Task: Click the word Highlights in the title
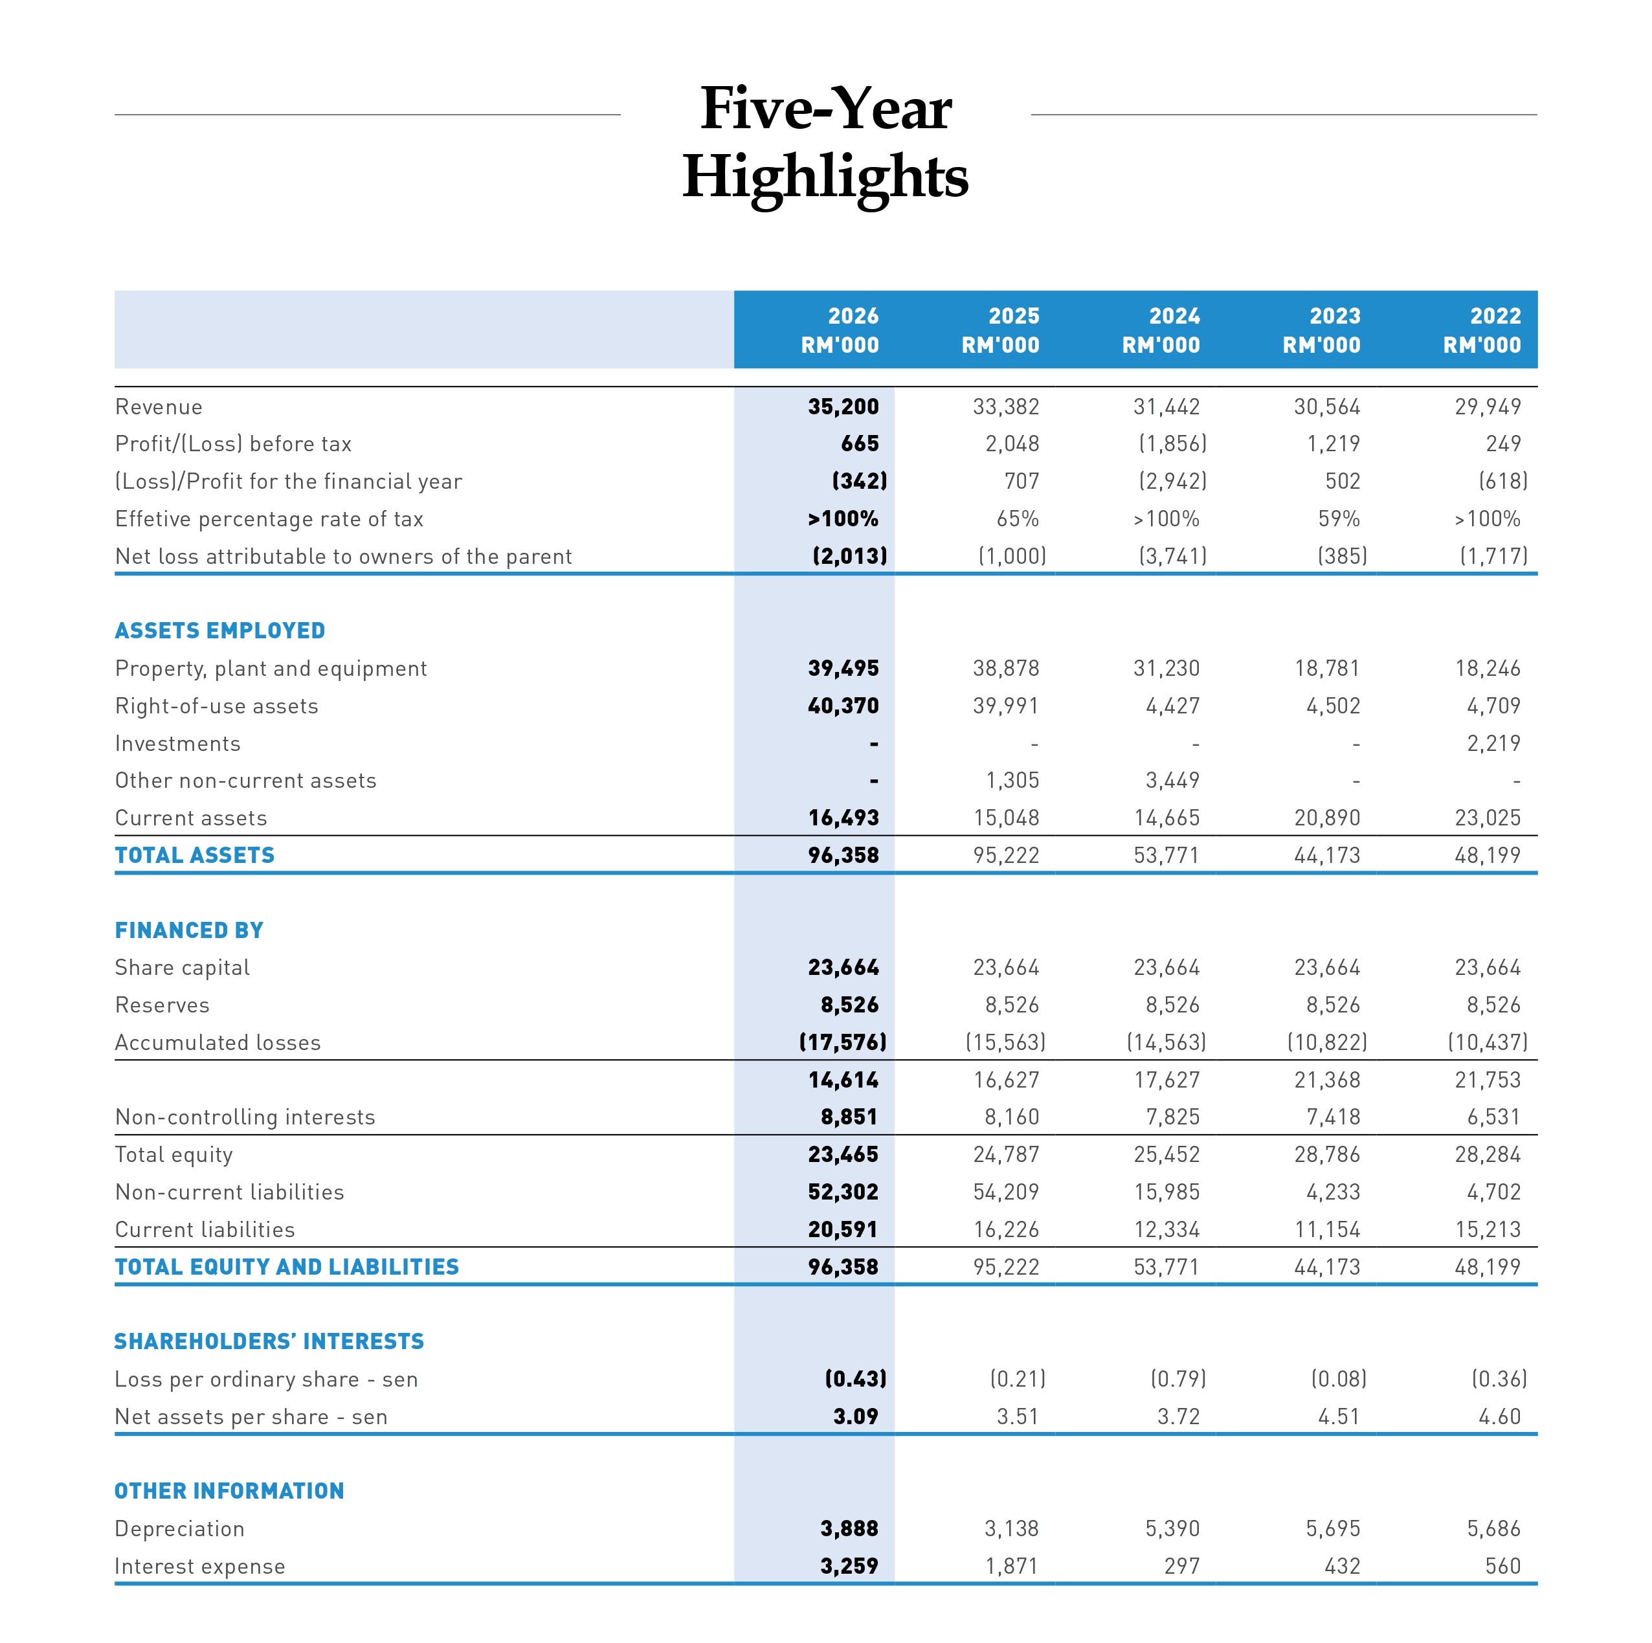825,178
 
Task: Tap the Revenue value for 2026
843,407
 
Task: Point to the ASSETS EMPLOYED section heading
219,631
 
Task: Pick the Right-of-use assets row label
216,706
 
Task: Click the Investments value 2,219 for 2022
1494,743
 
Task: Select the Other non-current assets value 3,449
1172,781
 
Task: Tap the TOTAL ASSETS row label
195,855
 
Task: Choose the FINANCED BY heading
189,930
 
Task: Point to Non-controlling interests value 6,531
1494,1117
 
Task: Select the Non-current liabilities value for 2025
1005,1192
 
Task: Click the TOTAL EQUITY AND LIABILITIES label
287,1268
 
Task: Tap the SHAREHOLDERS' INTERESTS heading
269,1342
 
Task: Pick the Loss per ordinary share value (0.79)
1178,1380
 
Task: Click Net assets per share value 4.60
1500,1417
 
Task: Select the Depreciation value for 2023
1333,1529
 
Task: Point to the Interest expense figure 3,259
849,1567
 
